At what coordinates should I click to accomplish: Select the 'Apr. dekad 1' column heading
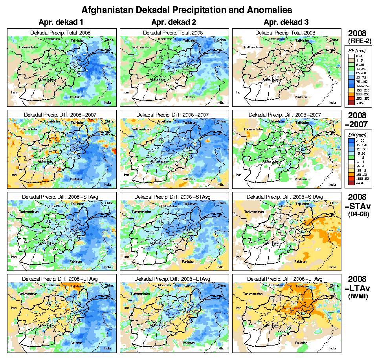click(x=62, y=22)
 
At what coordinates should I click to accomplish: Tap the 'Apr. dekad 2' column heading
click(x=174, y=22)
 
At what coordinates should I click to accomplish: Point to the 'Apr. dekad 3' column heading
click(x=286, y=22)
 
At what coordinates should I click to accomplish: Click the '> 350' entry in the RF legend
click(x=360, y=103)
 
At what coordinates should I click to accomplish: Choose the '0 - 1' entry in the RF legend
click(x=360, y=56)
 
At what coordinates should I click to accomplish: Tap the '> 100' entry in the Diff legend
click(x=360, y=140)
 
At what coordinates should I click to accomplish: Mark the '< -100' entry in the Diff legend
click(x=360, y=183)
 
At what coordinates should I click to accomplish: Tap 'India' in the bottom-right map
click(x=332, y=348)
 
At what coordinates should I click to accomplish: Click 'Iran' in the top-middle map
click(x=126, y=92)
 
